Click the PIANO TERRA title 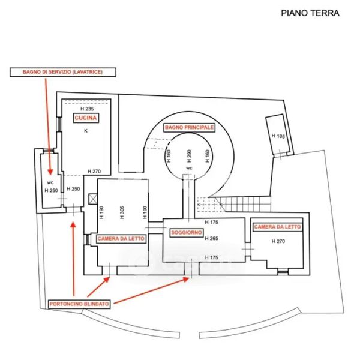[310, 13]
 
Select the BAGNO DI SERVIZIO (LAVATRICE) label [57, 72]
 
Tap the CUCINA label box [86, 118]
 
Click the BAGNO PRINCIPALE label [190, 127]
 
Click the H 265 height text [211, 238]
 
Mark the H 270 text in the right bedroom [277, 241]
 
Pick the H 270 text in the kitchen [94, 172]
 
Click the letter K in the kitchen [85, 130]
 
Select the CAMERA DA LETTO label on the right [278, 227]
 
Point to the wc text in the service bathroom [50, 182]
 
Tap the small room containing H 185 [277, 135]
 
